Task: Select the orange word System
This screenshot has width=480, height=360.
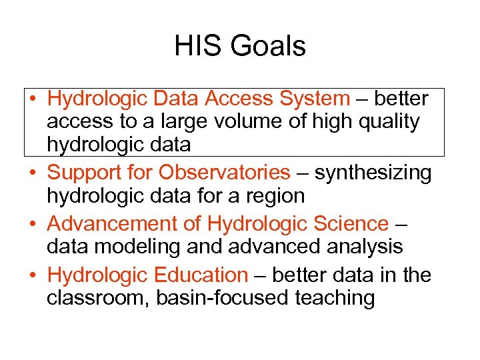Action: (x=314, y=99)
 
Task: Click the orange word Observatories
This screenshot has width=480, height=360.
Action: (x=224, y=173)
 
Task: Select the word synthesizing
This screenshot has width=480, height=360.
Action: (x=373, y=173)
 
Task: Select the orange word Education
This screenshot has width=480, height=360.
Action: (x=201, y=275)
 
